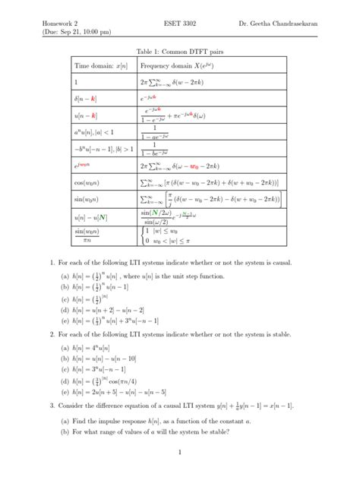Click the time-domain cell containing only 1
click(76, 82)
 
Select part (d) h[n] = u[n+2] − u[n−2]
click(104, 311)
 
